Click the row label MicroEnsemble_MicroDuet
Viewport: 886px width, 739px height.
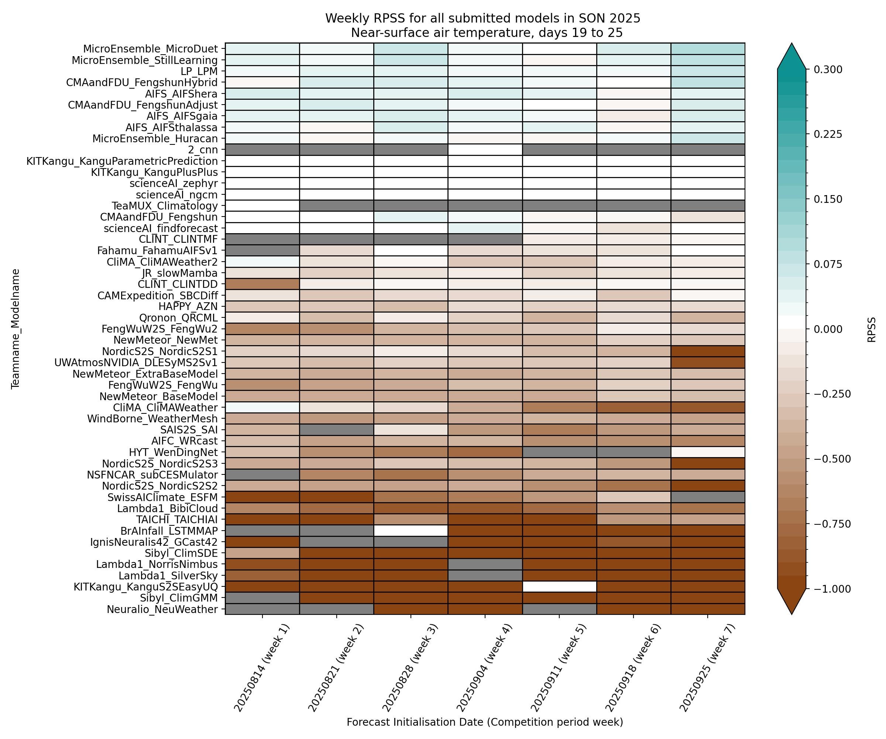151,48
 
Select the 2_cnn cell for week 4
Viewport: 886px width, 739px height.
485,150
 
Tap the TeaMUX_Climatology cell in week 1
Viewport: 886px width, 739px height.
262,206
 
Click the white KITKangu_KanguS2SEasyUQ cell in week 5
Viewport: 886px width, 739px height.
559,586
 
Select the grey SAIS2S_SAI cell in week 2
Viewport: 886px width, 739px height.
336,430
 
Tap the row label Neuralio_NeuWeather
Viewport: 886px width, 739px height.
162,609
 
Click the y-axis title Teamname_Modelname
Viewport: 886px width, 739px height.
16,328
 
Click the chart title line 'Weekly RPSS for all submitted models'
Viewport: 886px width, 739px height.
483,18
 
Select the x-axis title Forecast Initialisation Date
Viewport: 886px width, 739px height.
485,722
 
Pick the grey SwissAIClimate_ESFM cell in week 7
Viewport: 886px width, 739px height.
708,497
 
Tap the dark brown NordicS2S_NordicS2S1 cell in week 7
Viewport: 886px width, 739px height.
708,351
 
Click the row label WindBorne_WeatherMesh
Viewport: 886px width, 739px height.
152,419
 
